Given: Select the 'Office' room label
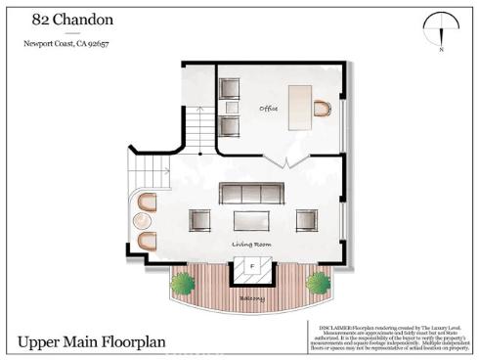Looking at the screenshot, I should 269,108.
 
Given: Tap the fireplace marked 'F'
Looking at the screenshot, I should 251,266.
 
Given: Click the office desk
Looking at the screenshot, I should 299,103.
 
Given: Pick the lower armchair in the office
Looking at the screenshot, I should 230,126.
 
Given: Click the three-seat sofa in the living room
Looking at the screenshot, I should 251,192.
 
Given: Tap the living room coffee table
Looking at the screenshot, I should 252,219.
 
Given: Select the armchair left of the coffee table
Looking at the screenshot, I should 200,219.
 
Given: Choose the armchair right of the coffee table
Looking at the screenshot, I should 306,219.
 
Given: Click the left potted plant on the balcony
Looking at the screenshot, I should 182,284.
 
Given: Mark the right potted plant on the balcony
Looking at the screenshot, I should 318,284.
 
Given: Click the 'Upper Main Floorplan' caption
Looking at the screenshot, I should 90,343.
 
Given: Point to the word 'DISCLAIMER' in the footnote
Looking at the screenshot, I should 324,325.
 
